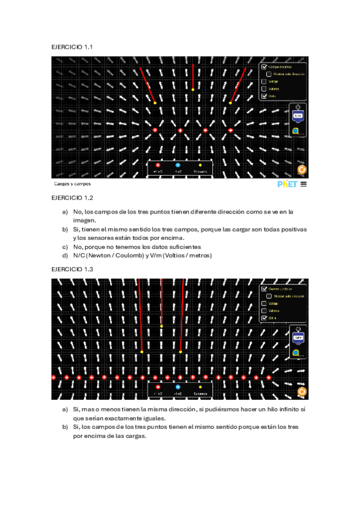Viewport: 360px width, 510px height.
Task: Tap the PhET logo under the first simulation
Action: [x=287, y=184]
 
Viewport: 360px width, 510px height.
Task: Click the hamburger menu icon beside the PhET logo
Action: [x=304, y=184]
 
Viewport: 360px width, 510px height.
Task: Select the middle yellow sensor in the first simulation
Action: [x=192, y=90]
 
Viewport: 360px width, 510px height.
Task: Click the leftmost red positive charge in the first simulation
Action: [x=155, y=130]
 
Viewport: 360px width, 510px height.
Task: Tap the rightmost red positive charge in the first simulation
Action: [x=230, y=130]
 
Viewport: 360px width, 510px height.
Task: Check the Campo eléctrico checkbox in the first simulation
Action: [x=264, y=67]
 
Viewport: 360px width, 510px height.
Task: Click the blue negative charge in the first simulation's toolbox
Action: [x=178, y=165]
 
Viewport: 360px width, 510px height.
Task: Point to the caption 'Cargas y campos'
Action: [x=72, y=183]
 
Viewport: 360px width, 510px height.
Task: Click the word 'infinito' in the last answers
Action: [x=282, y=409]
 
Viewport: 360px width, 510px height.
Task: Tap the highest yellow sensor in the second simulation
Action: [x=161, y=326]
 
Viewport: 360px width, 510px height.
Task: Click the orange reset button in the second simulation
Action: [x=302, y=392]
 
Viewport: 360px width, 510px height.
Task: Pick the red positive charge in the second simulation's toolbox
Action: [x=157, y=387]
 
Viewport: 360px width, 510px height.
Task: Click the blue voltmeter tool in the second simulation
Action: [x=297, y=338]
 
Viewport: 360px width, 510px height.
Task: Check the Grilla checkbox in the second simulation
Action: [x=264, y=318]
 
